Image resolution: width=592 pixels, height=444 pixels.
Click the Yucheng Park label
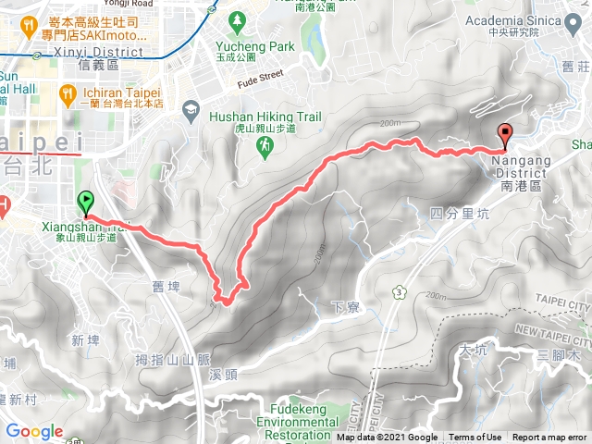(250, 45)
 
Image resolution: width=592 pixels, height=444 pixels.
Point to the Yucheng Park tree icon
(238, 19)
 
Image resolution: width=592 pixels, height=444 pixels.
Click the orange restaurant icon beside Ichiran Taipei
(67, 93)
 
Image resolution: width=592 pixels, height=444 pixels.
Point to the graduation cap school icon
(191, 109)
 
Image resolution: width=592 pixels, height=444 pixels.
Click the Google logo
(34, 431)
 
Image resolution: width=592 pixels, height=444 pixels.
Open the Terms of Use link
(475, 438)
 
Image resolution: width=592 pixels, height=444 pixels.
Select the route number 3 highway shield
(399, 292)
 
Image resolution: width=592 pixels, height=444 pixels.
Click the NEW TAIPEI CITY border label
(551, 330)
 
